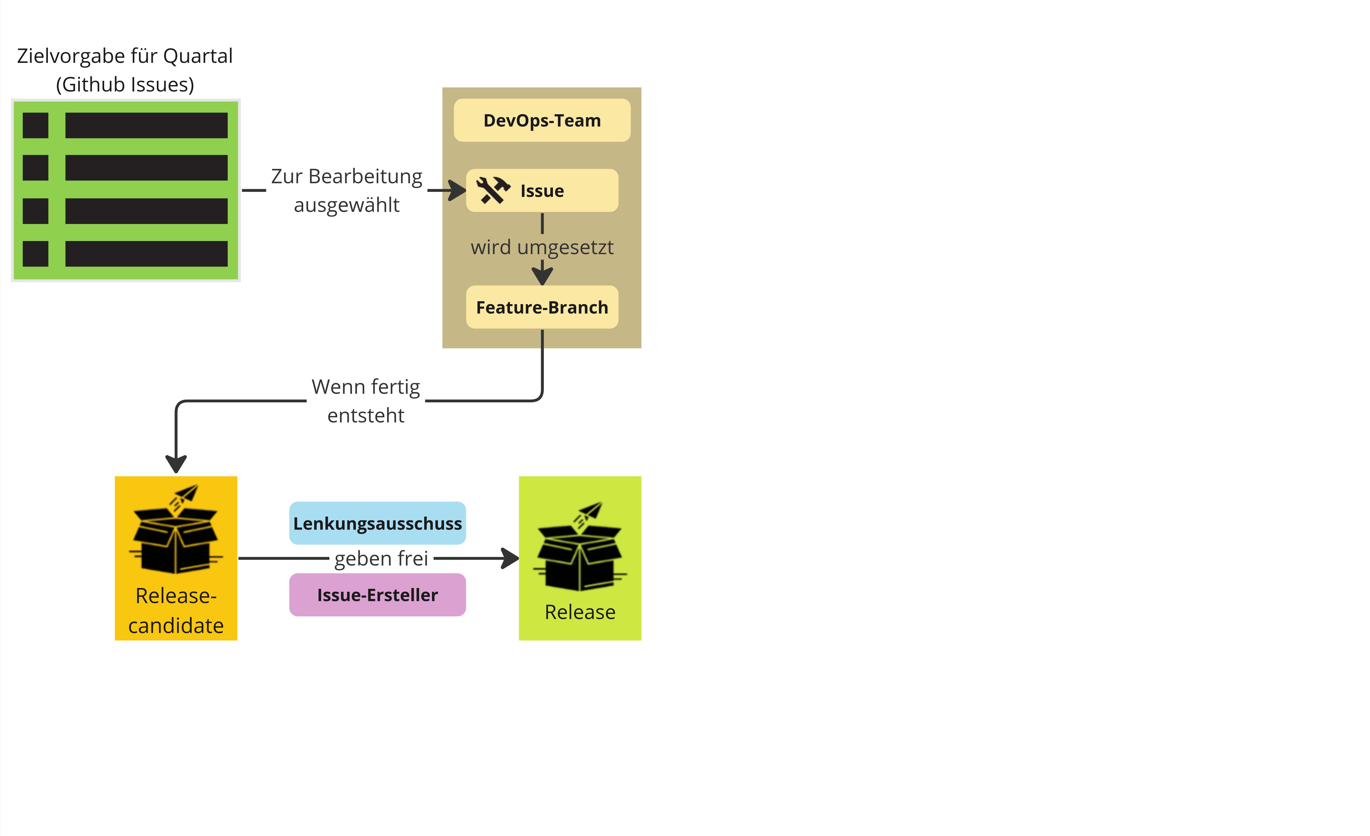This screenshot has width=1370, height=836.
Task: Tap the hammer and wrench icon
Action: (493, 190)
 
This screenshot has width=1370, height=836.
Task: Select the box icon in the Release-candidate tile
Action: (176, 531)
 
